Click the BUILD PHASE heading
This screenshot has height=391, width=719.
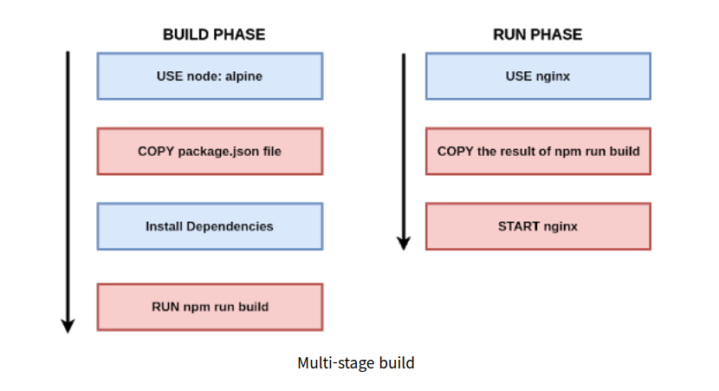(214, 35)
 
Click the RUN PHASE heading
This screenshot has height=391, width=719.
(537, 35)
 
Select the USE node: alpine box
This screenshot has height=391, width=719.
(210, 76)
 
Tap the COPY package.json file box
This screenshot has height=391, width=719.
(210, 151)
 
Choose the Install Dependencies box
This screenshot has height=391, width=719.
(210, 226)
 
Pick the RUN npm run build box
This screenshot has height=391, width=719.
(210, 307)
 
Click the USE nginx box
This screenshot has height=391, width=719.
(538, 76)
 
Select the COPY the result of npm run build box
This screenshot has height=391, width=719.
(538, 151)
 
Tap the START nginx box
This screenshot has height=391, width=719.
(538, 226)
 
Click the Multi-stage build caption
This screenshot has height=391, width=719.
(355, 363)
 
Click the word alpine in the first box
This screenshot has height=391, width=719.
(243, 76)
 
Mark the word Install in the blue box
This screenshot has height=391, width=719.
(164, 226)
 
